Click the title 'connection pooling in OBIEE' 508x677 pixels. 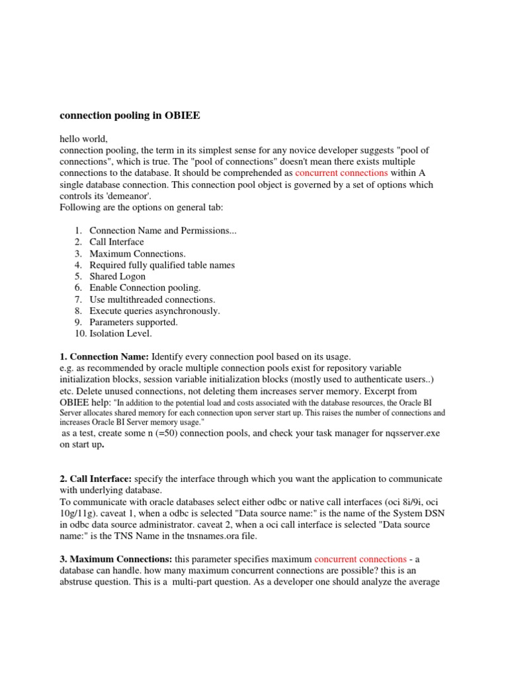click(130, 116)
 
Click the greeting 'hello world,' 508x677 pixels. click(84, 139)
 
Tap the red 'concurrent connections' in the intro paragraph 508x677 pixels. click(341, 173)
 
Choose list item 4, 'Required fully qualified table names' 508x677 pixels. click(162, 265)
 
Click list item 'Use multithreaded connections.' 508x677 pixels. click(153, 299)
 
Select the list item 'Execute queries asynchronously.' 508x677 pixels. click(155, 311)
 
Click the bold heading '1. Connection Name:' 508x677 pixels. click(105, 356)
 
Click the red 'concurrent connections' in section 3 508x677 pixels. click(360, 559)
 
